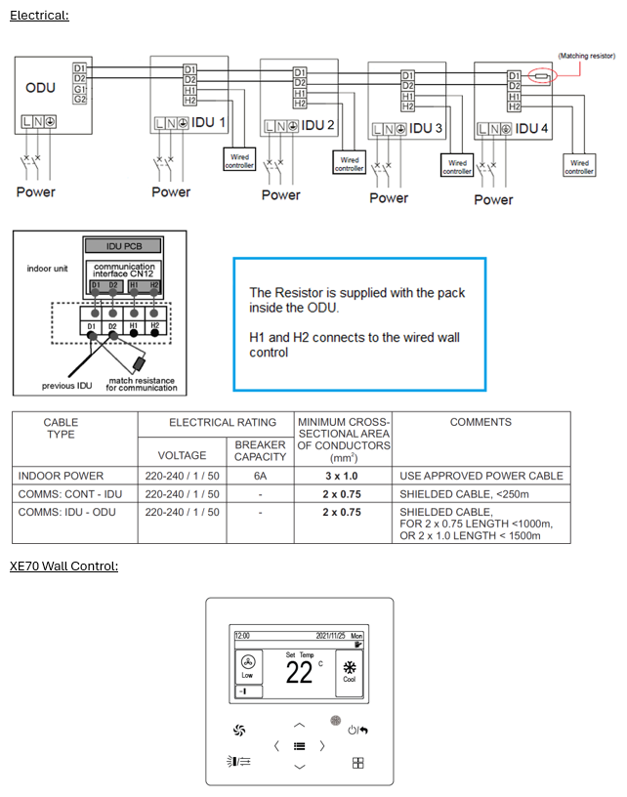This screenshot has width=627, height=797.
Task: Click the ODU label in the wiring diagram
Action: coord(40,88)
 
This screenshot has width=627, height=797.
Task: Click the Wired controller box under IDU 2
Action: coord(349,164)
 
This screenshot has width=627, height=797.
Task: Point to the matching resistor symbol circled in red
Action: coord(540,75)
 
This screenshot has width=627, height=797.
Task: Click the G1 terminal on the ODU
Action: coord(79,89)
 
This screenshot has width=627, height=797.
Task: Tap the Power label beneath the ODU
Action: coord(36,191)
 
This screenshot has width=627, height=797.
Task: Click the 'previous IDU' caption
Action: coord(66,386)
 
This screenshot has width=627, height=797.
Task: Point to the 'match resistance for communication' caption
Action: coord(143,384)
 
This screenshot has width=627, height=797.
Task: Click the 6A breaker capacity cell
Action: coord(261,476)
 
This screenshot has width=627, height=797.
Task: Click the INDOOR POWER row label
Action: coord(61,476)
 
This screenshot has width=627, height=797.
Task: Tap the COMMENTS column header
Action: coord(481,422)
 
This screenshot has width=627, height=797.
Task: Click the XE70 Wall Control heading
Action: coord(63,566)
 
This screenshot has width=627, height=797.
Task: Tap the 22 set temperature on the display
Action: coord(299,672)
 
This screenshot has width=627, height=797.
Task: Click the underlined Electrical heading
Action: coord(39,16)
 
